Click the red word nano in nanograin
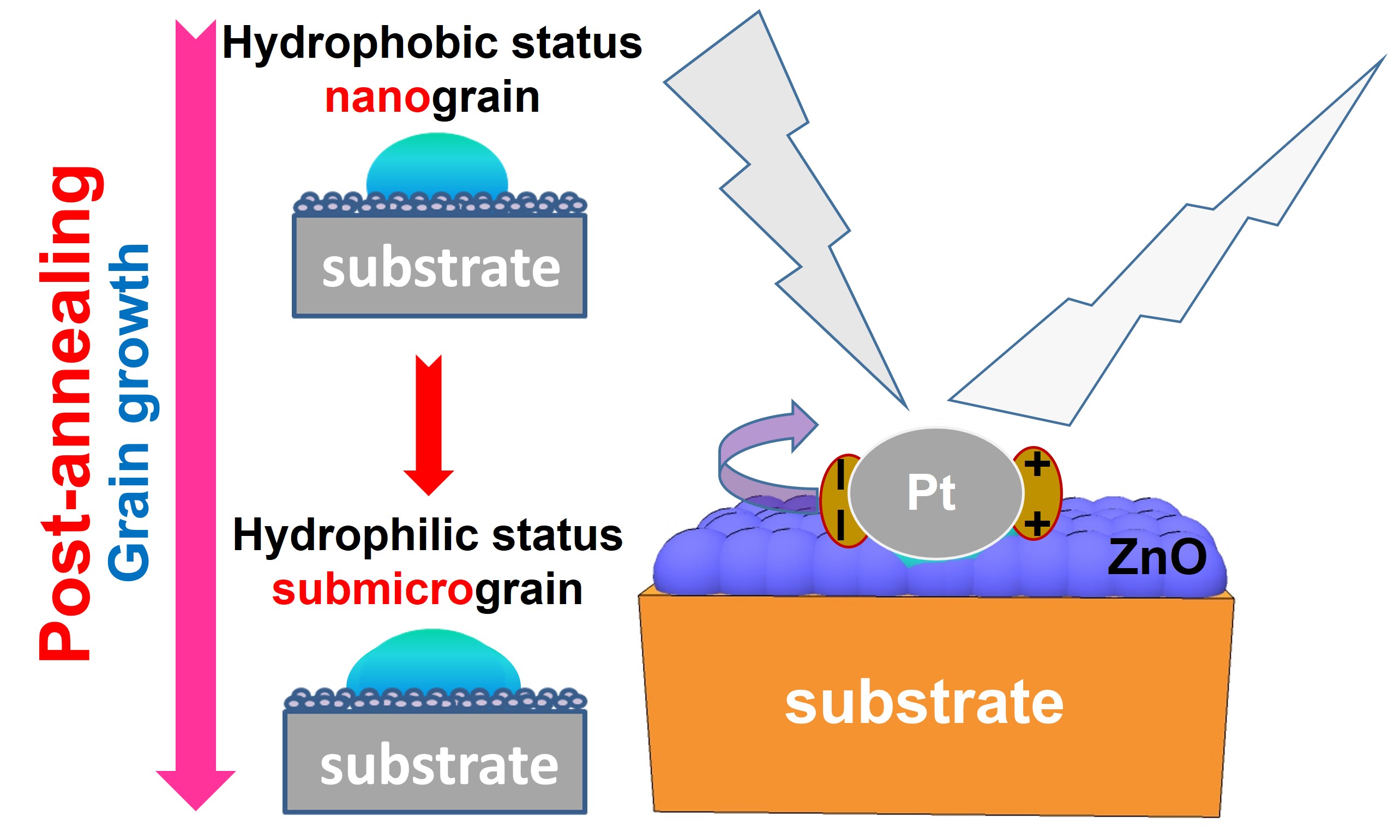click(377, 97)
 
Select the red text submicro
click(373, 589)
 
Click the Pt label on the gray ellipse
click(931, 493)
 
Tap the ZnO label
click(1157, 557)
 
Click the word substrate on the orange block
click(924, 703)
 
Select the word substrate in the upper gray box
click(441, 268)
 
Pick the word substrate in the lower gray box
click(439, 765)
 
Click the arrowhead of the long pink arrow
click(195, 788)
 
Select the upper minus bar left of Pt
click(840, 474)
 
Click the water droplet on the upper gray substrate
click(437, 165)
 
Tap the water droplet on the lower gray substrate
click(433, 662)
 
